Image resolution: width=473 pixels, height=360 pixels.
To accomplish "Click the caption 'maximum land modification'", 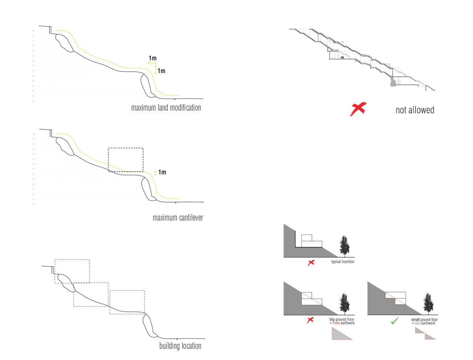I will click(166, 108).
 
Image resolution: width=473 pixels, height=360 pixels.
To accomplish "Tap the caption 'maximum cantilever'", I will click(178, 217).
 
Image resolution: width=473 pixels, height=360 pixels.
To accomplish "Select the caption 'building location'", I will click(180, 346).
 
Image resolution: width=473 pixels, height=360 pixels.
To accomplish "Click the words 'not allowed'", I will click(415, 110).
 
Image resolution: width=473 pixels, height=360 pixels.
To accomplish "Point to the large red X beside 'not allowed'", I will click(358, 109).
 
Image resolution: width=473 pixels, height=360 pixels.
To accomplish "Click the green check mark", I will click(394, 321).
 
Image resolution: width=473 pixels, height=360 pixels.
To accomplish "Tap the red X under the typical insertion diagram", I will click(311, 262).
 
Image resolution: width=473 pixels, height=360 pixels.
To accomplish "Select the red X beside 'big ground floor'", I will click(310, 320).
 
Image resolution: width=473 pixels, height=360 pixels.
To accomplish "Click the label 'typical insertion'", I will click(343, 262).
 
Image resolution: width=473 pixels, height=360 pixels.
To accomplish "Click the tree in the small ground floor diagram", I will click(428, 304).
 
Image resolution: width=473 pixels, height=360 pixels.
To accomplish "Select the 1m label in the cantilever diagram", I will click(162, 173).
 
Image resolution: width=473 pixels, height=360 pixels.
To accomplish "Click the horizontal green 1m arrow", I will click(152, 63).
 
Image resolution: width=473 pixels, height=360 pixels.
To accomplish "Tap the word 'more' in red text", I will click(336, 323).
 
